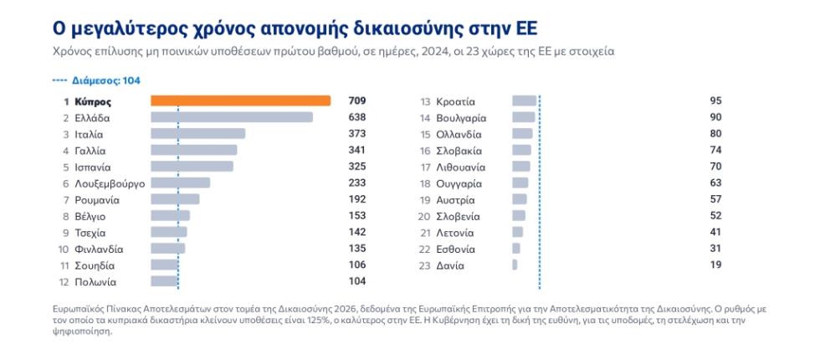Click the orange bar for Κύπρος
point(241,101)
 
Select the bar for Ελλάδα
point(232,117)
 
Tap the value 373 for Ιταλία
point(356,134)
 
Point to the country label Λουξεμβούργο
point(110,183)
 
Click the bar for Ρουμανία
point(175,199)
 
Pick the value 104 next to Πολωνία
point(356,281)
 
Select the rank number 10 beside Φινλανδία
point(64,249)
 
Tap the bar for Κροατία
point(524,101)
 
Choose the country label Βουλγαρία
point(461,118)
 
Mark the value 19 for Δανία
point(716,265)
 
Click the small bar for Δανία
point(515,265)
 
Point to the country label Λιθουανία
point(461,167)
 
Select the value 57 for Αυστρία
point(716,199)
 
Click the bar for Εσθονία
point(516,249)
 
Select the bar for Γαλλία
point(193,150)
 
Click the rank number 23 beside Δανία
point(425,265)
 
